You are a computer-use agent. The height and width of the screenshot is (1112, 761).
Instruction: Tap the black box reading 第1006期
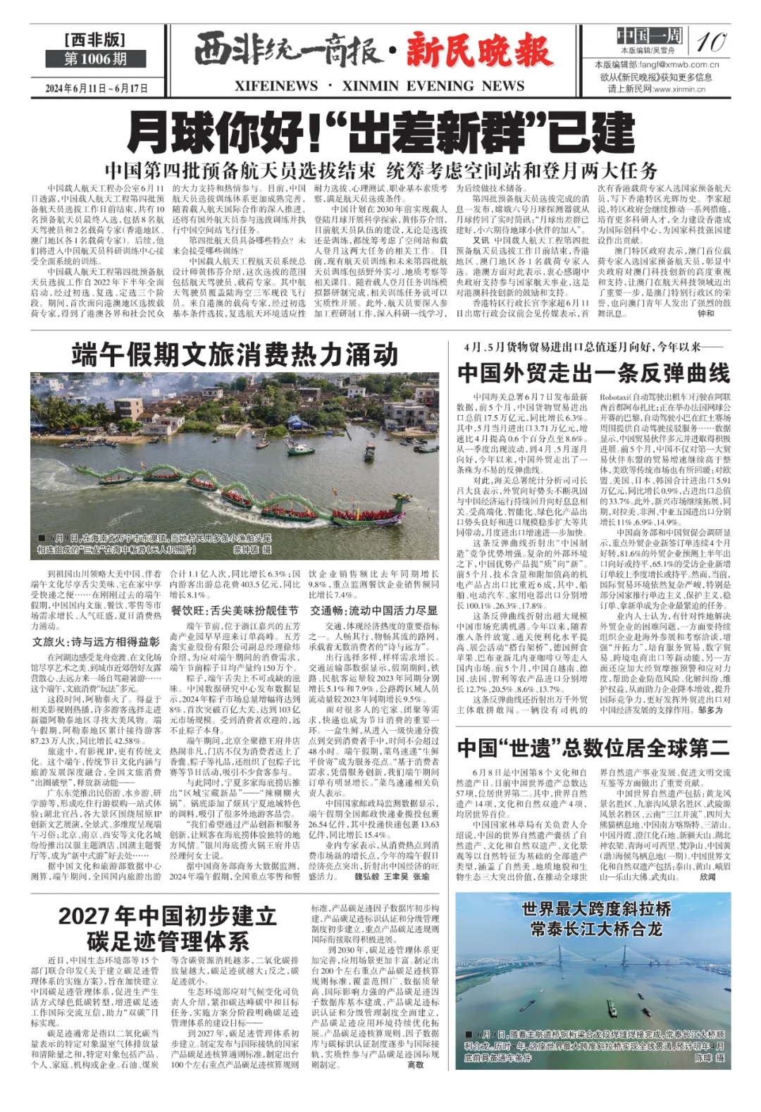(95, 59)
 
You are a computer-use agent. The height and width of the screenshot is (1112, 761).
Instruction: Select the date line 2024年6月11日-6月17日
(97, 88)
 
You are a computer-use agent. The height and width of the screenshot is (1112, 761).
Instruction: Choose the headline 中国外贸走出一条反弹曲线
(593, 373)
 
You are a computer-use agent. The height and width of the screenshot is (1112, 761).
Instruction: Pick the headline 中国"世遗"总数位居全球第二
(593, 748)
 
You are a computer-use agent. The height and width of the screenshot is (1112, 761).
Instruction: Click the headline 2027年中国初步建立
(167, 916)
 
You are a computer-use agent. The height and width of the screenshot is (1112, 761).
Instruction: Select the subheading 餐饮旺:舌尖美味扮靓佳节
(235, 610)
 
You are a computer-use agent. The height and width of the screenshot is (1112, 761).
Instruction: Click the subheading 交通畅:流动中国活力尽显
(374, 610)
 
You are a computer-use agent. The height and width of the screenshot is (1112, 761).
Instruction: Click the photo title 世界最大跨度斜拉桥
(596, 909)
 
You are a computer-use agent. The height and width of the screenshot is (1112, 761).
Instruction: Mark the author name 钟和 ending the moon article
(705, 314)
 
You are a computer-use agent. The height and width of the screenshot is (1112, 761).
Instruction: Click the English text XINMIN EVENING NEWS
(433, 87)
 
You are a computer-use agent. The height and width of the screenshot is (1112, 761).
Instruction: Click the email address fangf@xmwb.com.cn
(668, 65)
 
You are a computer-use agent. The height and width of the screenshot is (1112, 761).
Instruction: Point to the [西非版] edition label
(95, 39)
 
